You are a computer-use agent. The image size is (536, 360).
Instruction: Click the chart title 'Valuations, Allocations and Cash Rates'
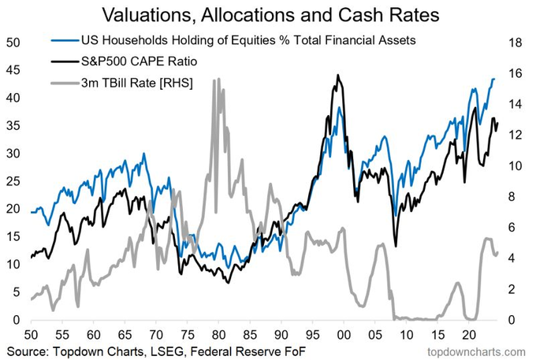pyautogui.click(x=267, y=15)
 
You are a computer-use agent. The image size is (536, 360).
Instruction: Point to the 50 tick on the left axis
pyautogui.click(x=13, y=43)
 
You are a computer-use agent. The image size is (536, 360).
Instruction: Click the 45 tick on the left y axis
pyautogui.click(x=13, y=70)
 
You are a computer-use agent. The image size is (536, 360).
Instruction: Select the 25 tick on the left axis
pyautogui.click(x=13, y=181)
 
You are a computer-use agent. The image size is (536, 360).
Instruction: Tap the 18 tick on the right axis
pyautogui.click(x=516, y=43)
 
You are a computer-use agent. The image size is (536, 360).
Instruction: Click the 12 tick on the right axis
pyautogui.click(x=516, y=135)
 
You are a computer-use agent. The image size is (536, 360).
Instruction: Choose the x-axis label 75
pyautogui.click(x=188, y=333)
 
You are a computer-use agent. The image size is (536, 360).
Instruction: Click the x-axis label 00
pyautogui.click(x=344, y=333)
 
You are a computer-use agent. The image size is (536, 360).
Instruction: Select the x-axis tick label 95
pyautogui.click(x=313, y=333)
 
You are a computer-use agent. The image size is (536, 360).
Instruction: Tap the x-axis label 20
pyautogui.click(x=468, y=333)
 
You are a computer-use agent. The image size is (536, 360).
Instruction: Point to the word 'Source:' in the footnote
pyautogui.click(x=29, y=349)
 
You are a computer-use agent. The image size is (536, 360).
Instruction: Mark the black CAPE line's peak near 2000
pyautogui.click(x=337, y=76)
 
